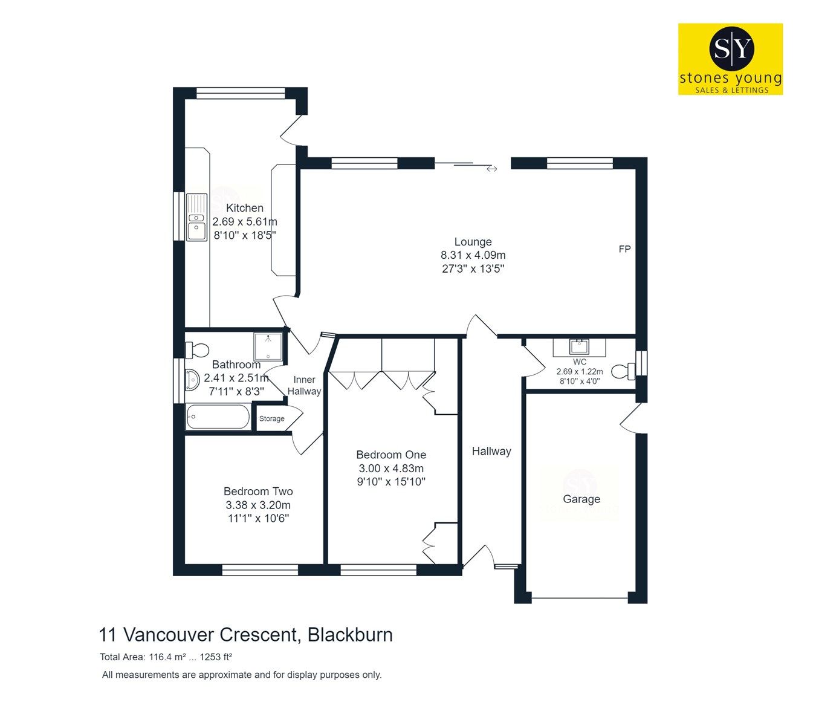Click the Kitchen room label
(245, 208)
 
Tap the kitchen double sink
(196, 217)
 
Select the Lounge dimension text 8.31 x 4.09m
(473, 255)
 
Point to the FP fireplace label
(624, 249)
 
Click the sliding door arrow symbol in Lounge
(491, 169)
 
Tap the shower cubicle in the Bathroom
(268, 347)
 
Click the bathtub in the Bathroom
(218, 417)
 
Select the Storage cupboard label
(272, 419)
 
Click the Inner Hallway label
(304, 385)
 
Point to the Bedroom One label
(391, 455)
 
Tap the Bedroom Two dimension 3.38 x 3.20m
(258, 505)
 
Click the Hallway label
(491, 451)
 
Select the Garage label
(581, 499)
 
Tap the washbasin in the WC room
(579, 348)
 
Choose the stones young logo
(730, 59)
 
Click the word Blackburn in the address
(350, 635)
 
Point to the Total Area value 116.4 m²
(184, 657)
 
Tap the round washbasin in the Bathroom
(193, 380)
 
